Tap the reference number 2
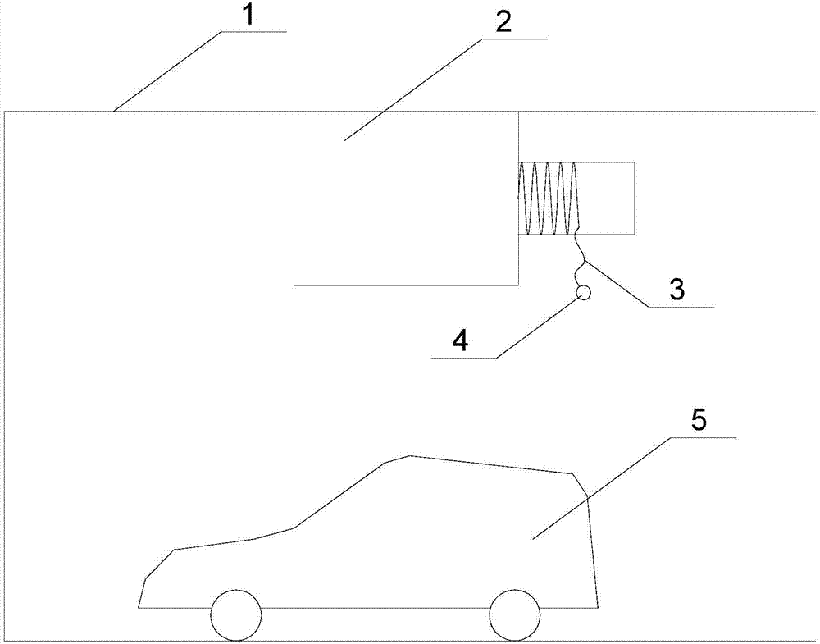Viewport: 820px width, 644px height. pos(503,21)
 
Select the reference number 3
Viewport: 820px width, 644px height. pos(677,290)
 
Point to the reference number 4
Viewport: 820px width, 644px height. pos(461,342)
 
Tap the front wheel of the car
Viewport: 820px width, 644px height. pos(236,616)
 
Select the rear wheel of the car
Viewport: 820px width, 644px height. pos(515,616)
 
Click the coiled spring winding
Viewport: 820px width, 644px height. pos(548,198)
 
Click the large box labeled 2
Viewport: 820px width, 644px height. pos(407,199)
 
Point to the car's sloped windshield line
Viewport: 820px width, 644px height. pos(339,495)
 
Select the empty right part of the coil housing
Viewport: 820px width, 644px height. pos(607,198)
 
